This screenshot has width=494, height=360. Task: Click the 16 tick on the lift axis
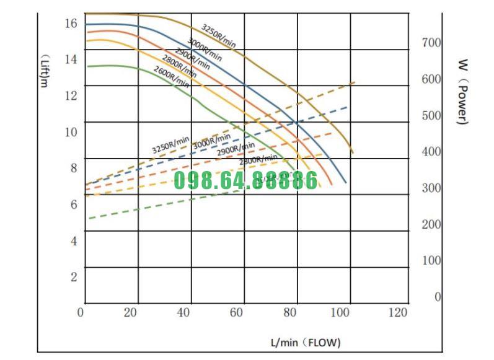click(x=70, y=23)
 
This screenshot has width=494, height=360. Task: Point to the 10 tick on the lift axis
click(x=70, y=132)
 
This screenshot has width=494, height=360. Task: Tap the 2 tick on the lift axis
click(x=73, y=276)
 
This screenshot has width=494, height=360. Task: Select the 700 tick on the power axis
click(x=431, y=43)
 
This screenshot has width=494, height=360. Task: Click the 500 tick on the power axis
click(x=431, y=115)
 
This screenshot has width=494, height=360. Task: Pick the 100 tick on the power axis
click(x=431, y=261)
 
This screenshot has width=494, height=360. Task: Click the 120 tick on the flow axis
click(x=398, y=312)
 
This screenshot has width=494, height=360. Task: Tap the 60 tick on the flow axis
click(x=236, y=312)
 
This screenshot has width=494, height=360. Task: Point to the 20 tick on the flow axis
click(x=130, y=312)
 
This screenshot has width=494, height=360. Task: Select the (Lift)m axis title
click(x=43, y=69)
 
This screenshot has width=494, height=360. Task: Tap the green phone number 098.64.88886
click(x=245, y=180)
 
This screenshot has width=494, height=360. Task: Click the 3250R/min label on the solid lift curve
click(x=219, y=36)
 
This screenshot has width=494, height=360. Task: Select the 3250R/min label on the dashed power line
click(x=170, y=145)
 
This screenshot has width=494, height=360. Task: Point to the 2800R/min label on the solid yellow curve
click(x=179, y=66)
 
